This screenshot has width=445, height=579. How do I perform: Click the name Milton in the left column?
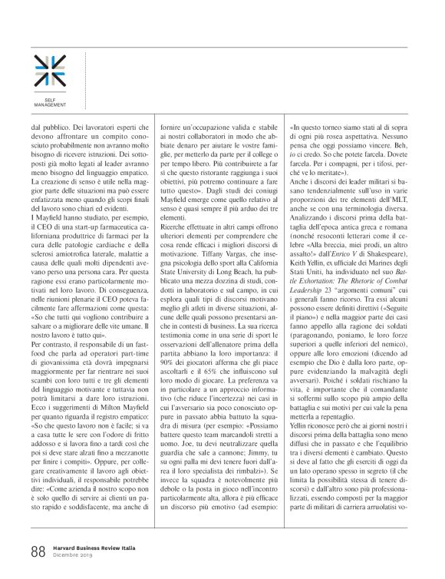pyautogui.click(x=106, y=411)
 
